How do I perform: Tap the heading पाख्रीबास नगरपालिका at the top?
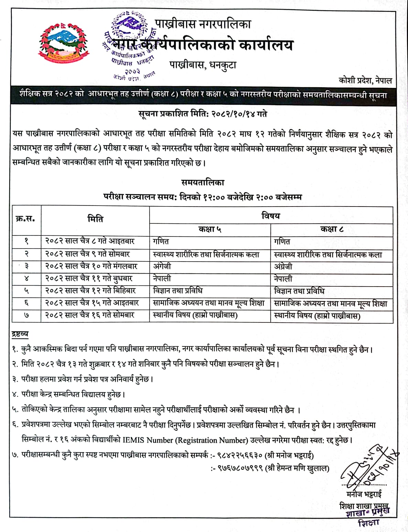tap(203, 24)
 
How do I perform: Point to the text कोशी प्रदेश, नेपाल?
tap(365, 81)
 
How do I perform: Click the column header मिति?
tap(95, 219)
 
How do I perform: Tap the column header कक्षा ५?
tap(210, 229)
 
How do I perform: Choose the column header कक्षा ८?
tap(332, 229)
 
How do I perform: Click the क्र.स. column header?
tap(26, 219)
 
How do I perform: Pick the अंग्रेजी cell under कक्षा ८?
tap(283, 266)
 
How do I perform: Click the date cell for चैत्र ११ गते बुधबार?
tap(89, 278)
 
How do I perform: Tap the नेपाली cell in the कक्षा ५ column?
tap(162, 278)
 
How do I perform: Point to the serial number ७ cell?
tap(26, 315)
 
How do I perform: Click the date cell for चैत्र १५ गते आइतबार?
tap(92, 303)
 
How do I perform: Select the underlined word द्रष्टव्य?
tap(20, 334)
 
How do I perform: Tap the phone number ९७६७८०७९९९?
tap(240, 468)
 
